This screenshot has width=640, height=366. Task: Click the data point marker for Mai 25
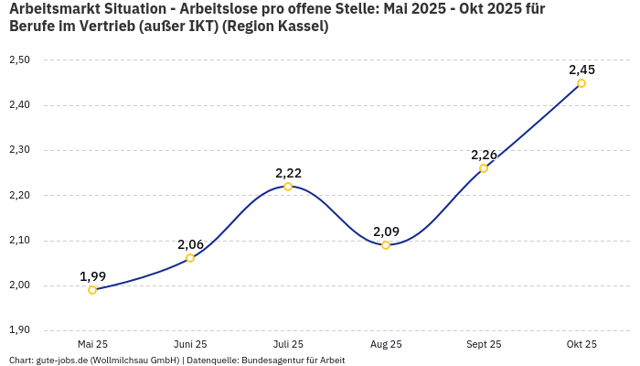click(x=92, y=290)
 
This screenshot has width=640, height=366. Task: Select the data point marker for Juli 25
click(x=288, y=187)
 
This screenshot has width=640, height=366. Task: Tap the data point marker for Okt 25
click(x=581, y=83)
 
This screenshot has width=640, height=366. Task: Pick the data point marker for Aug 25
click(x=386, y=245)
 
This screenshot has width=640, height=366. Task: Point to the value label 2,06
click(x=190, y=244)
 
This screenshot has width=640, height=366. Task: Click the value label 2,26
click(x=484, y=155)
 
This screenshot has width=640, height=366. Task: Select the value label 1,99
click(x=92, y=276)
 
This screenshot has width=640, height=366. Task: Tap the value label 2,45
click(x=581, y=70)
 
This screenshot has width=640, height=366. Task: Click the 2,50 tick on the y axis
click(x=19, y=60)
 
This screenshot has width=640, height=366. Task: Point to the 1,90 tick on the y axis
click(x=19, y=330)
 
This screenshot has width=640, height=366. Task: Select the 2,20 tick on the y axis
click(x=19, y=195)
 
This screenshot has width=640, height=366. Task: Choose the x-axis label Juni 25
click(x=190, y=345)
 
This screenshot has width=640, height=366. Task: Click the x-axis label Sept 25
click(x=484, y=345)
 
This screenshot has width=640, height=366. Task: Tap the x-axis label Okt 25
click(x=581, y=345)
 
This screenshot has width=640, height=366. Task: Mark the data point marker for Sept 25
click(x=484, y=168)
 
